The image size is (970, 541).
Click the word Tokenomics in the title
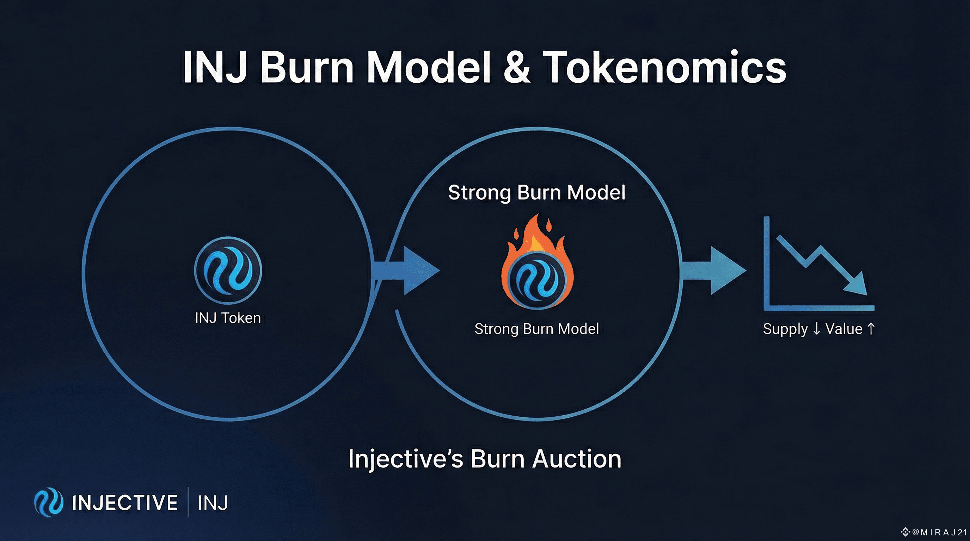[x=664, y=68]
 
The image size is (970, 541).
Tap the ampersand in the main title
[x=517, y=68]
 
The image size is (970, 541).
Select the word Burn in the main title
[x=307, y=68]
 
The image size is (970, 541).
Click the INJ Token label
[x=228, y=318]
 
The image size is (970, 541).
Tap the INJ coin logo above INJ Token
[x=228, y=270]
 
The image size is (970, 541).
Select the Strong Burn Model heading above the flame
[x=536, y=193]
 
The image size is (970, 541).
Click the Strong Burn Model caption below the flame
[x=536, y=329]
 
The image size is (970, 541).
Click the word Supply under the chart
[x=785, y=329]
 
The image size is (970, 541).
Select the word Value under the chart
[x=844, y=329]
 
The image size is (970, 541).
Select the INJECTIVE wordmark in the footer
[x=125, y=503]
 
